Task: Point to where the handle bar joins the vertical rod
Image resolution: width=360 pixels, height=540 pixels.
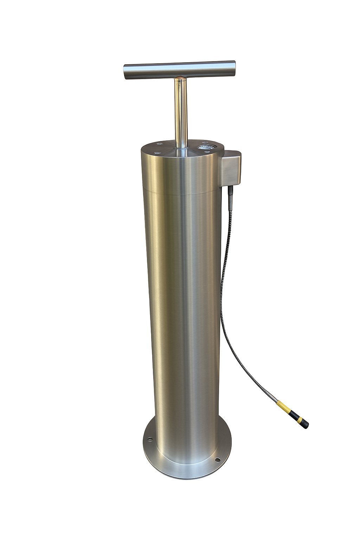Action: click(x=180, y=78)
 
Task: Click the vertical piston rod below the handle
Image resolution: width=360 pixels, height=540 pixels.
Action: click(x=181, y=112)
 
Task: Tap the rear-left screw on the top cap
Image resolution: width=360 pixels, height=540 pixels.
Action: click(x=160, y=143)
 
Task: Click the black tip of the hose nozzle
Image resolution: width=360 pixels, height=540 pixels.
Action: click(x=304, y=423)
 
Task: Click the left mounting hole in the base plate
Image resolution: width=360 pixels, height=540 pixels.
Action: click(x=150, y=439)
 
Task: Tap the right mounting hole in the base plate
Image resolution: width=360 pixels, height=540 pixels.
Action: click(x=217, y=459)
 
